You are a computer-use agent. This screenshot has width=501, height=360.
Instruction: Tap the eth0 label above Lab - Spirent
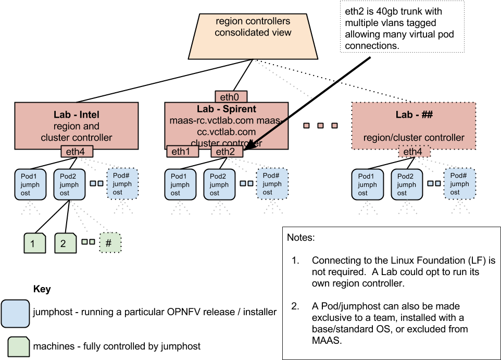(x=231, y=97)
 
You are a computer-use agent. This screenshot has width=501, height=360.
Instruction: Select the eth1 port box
(x=182, y=152)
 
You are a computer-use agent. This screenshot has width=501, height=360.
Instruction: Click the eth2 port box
(x=226, y=152)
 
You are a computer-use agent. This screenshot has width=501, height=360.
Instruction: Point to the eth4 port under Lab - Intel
(x=77, y=152)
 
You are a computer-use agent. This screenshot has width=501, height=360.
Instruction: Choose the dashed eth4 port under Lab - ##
(x=414, y=152)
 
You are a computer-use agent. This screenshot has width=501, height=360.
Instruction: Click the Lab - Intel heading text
(x=76, y=115)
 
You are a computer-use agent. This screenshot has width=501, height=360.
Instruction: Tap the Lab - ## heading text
(x=414, y=115)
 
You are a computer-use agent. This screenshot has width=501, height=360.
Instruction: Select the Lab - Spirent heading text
(x=226, y=109)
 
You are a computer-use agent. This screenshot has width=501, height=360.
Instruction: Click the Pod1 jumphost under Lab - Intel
(x=30, y=184)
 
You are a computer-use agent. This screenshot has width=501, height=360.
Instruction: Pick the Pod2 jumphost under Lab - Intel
(x=69, y=184)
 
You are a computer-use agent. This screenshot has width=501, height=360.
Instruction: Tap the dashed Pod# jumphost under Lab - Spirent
(x=272, y=184)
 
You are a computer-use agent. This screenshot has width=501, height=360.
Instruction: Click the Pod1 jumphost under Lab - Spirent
(x=180, y=184)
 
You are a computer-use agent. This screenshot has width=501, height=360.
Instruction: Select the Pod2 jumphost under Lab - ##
(x=407, y=184)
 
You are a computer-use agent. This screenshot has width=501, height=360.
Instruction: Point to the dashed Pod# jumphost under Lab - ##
(x=459, y=184)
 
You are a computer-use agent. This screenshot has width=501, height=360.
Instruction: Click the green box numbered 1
(x=35, y=243)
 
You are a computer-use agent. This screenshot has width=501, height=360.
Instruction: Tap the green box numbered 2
(x=66, y=243)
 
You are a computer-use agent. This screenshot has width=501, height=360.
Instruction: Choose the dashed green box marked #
(x=109, y=243)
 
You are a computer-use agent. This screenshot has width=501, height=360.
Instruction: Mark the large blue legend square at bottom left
(x=15, y=314)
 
